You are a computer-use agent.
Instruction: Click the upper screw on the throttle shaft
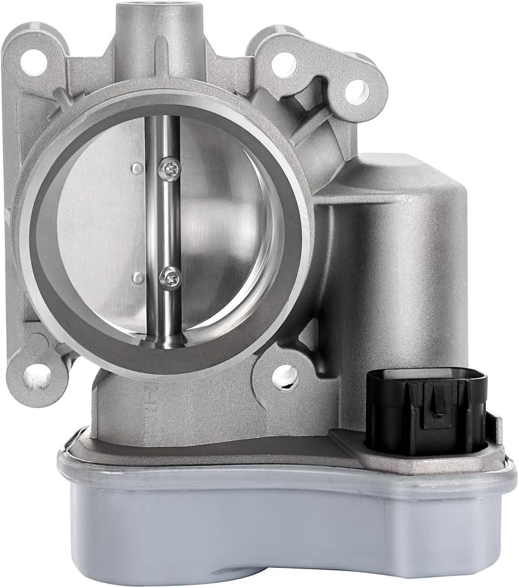(169, 169)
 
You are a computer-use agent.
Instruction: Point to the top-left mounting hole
(33, 62)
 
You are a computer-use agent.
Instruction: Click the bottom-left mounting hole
(37, 376)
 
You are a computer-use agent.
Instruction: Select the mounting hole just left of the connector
(285, 376)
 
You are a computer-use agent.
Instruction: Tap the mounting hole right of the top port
(284, 65)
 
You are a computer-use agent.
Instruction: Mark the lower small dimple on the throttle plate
(138, 278)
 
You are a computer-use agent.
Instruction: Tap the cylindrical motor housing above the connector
(403, 261)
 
